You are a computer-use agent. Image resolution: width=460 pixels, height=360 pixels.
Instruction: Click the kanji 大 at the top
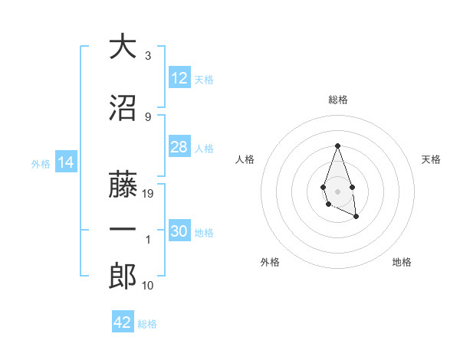(123, 47)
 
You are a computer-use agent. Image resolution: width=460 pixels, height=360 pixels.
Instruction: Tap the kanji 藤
(123, 185)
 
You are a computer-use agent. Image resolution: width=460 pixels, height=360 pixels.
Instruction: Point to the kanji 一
(123, 231)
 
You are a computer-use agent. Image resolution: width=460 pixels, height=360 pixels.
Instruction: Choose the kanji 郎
(123, 277)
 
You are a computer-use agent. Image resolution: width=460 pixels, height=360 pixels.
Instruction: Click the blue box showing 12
(179, 78)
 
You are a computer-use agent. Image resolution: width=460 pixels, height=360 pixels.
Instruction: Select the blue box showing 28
(179, 147)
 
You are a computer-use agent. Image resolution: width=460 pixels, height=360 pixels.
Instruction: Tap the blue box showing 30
(179, 231)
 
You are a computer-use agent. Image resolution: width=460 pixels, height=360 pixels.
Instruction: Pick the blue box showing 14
(65, 162)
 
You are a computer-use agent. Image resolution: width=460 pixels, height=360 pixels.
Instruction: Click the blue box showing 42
(123, 322)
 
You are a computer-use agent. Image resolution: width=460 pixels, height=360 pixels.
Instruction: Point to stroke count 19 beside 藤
(149, 194)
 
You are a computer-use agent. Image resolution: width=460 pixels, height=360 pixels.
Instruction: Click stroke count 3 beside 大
(148, 56)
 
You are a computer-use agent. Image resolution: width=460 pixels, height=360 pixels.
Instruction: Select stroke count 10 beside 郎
(149, 286)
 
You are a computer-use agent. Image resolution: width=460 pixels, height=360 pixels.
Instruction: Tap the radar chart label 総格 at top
(338, 100)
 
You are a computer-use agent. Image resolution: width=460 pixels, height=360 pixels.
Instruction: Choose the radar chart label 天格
(432, 159)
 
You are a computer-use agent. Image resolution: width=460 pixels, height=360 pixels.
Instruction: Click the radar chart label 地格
(402, 263)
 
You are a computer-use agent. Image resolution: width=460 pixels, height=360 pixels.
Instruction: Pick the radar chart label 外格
(270, 263)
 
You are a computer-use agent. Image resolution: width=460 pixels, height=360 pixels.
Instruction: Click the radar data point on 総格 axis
(337, 146)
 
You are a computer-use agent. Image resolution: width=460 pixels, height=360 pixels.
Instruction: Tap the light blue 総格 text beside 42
(147, 324)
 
